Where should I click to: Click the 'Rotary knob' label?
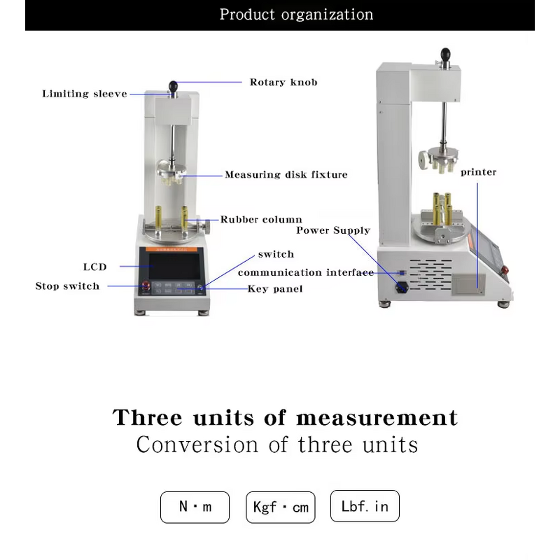click(283, 82)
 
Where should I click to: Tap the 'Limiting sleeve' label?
click(85, 94)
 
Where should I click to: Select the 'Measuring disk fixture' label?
click(286, 174)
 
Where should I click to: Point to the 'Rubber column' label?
click(261, 220)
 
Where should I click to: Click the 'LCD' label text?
click(95, 267)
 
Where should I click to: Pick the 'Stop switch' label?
click(67, 286)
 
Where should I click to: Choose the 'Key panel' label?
click(275, 288)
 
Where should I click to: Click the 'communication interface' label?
click(305, 272)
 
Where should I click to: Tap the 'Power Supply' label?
click(333, 230)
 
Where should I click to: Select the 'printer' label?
click(479, 172)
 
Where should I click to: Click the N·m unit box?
click(195, 507)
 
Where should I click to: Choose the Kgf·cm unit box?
click(280, 507)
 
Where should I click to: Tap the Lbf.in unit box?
click(365, 506)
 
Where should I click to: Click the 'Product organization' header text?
click(296, 15)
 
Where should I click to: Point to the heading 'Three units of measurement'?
click(285, 418)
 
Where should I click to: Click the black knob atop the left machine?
click(172, 87)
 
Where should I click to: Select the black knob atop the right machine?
click(445, 53)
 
